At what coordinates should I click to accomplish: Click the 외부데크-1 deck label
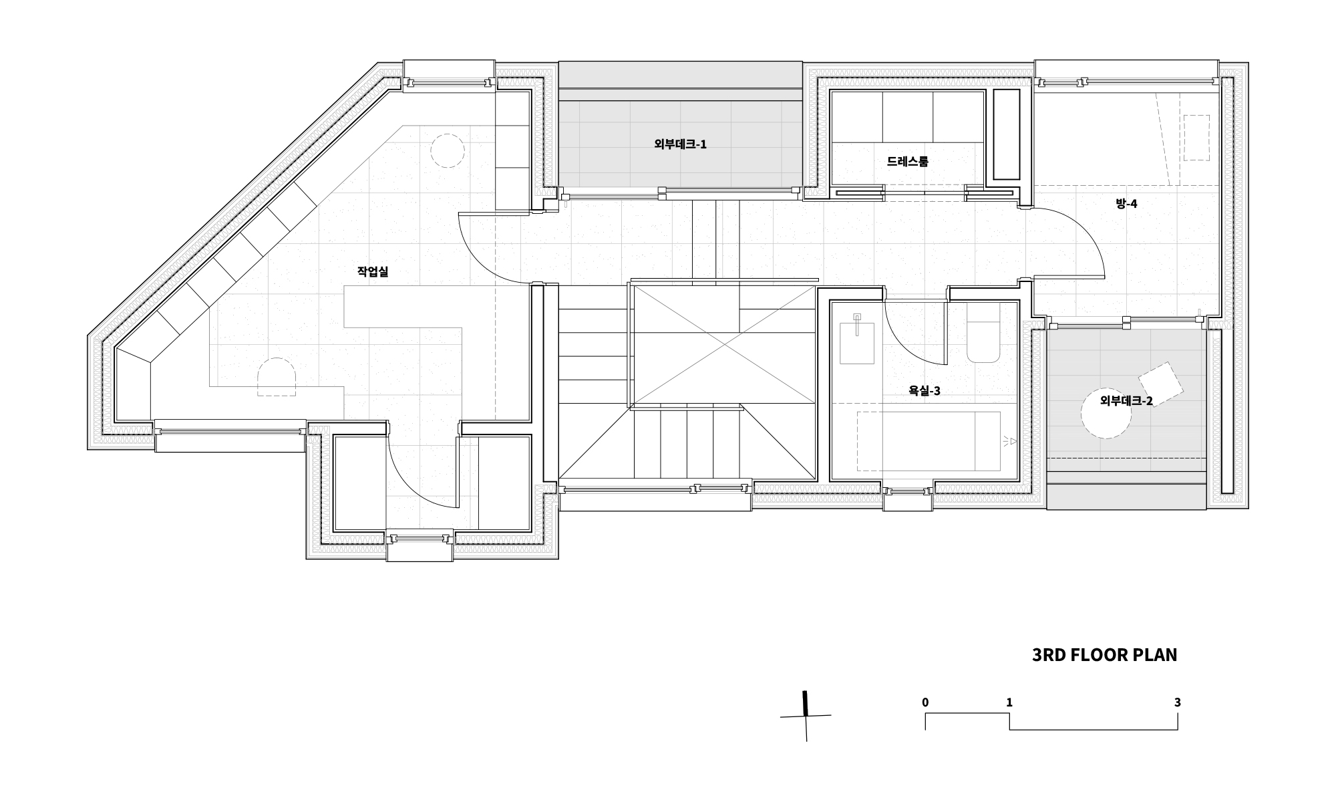pyautogui.click(x=680, y=144)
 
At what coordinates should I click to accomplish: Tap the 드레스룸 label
pyautogui.click(x=907, y=161)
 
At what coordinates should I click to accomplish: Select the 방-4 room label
pyautogui.click(x=1126, y=203)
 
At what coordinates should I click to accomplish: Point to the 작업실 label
pyautogui.click(x=373, y=271)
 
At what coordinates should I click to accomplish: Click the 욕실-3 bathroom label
pyautogui.click(x=925, y=391)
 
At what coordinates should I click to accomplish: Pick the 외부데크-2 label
pyautogui.click(x=1126, y=401)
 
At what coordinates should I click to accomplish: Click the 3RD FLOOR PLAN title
pyautogui.click(x=1105, y=655)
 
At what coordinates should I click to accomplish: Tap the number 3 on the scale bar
pyautogui.click(x=1178, y=702)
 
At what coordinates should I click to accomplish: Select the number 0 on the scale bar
pyautogui.click(x=925, y=702)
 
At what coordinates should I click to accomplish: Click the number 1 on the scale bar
pyautogui.click(x=1009, y=702)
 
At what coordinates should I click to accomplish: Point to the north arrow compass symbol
pyautogui.click(x=806, y=716)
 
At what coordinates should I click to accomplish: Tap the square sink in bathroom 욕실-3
pyautogui.click(x=857, y=342)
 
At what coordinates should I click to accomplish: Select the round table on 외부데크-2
pyautogui.click(x=1106, y=414)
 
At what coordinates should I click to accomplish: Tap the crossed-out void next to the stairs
pyautogui.click(x=724, y=345)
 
